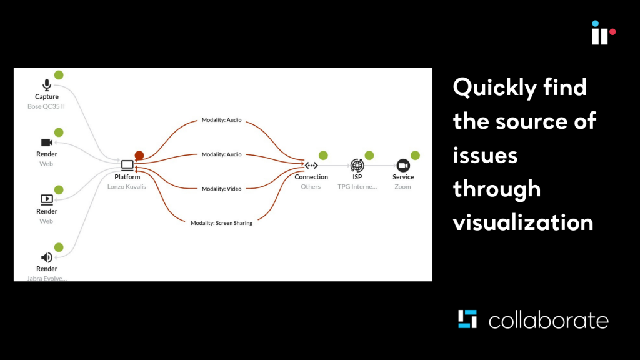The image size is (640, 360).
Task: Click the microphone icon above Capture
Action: point(46,85)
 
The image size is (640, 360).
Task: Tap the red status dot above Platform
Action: point(139,155)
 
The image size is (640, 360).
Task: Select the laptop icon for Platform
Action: point(127,165)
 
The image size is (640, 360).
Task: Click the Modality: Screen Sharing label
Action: point(222,223)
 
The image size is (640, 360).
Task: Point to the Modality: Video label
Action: point(222,189)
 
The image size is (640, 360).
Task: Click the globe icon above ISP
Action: point(357,165)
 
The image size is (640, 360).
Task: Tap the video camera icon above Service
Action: point(403,165)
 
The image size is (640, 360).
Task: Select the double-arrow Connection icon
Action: point(311,165)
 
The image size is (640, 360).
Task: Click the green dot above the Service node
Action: point(415,155)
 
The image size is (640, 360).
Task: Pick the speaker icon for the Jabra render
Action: point(46,257)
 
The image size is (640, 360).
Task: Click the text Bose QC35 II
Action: point(46,106)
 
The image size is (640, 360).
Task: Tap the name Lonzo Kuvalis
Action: point(126,187)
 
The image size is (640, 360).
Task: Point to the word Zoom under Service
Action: point(402,187)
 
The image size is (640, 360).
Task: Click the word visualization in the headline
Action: point(523,223)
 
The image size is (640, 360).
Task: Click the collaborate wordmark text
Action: point(549,320)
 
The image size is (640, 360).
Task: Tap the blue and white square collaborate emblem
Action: point(467,319)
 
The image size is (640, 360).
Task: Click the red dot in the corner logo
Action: point(612,32)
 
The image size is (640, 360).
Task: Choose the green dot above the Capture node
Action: point(59,75)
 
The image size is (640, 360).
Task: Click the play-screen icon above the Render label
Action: point(46,199)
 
